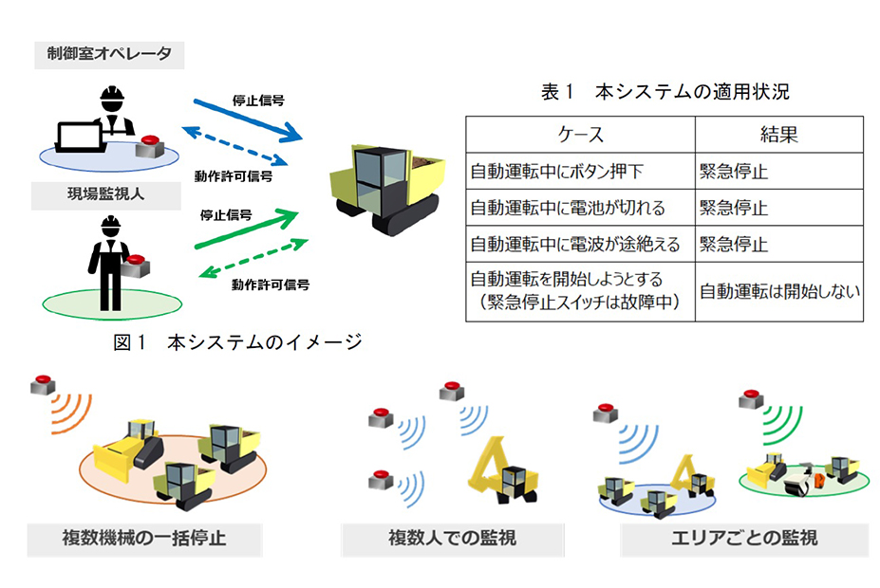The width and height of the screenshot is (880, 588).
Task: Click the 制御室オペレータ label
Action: pos(109,54)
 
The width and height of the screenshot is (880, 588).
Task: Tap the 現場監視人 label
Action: pos(106,194)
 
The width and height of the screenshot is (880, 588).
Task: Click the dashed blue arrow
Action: pos(234,146)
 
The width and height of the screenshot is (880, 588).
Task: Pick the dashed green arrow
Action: pos(253,258)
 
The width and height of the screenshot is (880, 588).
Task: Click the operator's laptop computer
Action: pos(81,138)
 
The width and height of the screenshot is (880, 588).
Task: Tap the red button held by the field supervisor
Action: pos(135,266)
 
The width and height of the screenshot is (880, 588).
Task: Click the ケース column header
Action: pos(580,135)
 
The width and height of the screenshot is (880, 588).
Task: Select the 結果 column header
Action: pos(779,135)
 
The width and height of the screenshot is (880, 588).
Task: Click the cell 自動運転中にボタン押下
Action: pos(556,171)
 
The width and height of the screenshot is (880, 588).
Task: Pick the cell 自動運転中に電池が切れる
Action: pos(568,208)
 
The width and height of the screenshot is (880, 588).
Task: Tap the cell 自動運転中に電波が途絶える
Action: pos(575,244)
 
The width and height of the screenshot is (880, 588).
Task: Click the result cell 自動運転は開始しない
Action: pos(779,291)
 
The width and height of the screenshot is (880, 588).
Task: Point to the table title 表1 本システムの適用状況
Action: pos(665,91)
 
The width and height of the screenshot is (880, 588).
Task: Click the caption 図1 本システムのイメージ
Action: pos(237,341)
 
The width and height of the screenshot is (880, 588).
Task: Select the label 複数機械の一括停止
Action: pos(144,539)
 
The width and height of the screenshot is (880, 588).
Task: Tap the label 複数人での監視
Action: pos(453,539)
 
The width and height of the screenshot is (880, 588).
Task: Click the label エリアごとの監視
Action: pos(745,539)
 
